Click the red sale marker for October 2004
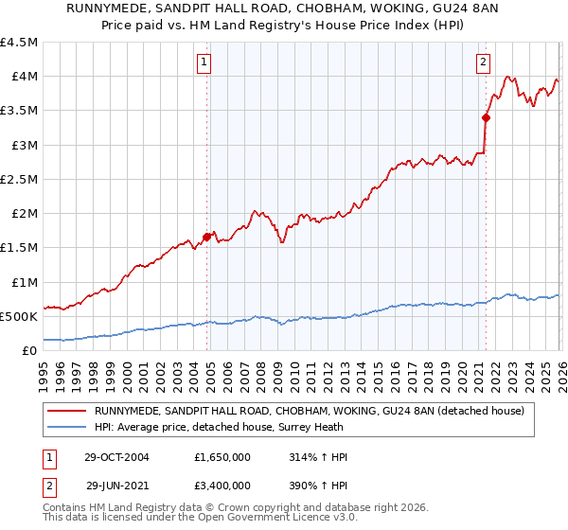(x=206, y=237)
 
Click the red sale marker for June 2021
(x=486, y=117)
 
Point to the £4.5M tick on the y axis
(x=20, y=43)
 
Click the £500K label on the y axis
(x=20, y=316)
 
